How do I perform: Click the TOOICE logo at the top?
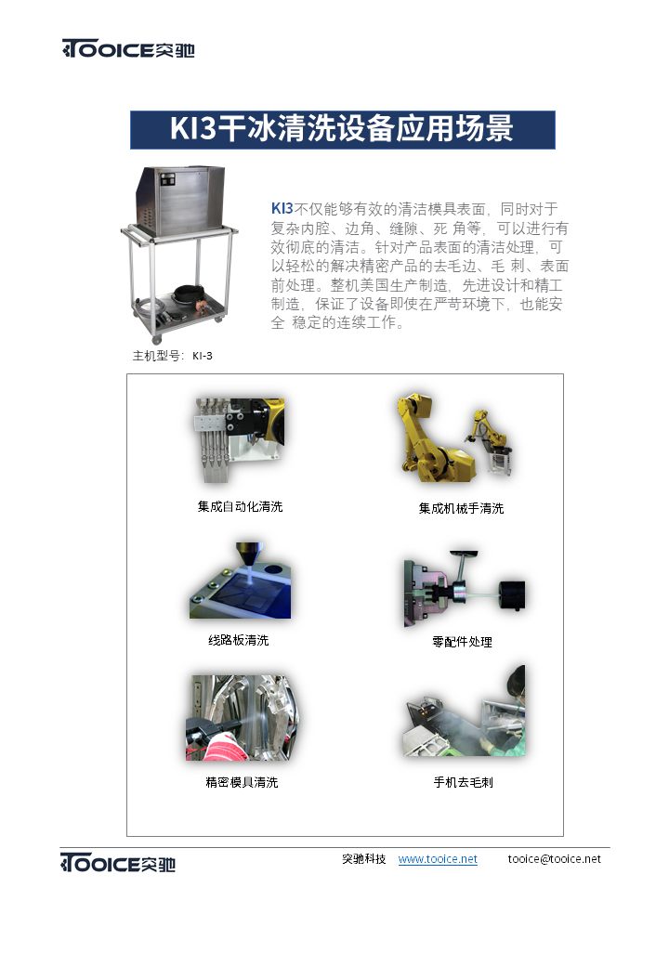pyautogui.click(x=128, y=48)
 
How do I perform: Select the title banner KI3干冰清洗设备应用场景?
pyautogui.click(x=343, y=129)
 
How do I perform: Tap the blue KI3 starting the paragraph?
pyautogui.click(x=282, y=209)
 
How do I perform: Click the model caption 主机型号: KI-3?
pyautogui.click(x=173, y=356)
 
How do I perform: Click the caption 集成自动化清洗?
pyautogui.click(x=241, y=506)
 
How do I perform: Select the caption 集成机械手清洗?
pyautogui.click(x=462, y=508)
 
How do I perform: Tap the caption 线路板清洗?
pyautogui.click(x=239, y=640)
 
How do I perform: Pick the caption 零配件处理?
pyautogui.click(x=462, y=642)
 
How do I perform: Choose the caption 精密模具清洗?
pyautogui.click(x=242, y=782)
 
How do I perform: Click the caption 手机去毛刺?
pyautogui.click(x=464, y=782)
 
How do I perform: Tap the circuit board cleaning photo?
pyautogui.click(x=241, y=581)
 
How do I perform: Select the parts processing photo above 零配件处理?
pyautogui.click(x=465, y=588)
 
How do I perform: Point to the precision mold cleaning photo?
pyautogui.click(x=243, y=718)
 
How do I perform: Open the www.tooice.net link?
pyautogui.click(x=438, y=859)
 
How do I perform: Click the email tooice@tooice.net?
pyautogui.click(x=555, y=859)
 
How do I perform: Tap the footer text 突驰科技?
pyautogui.click(x=364, y=859)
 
